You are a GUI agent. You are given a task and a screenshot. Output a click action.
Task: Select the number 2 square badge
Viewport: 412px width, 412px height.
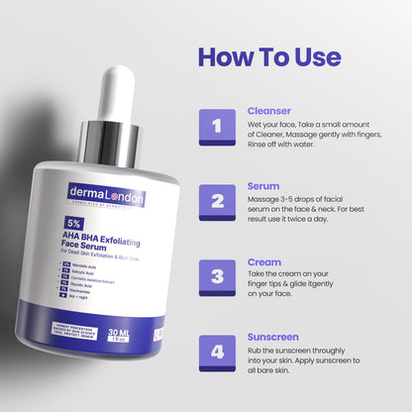click(216, 201)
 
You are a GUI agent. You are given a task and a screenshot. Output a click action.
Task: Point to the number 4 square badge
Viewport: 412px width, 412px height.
click(216, 352)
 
